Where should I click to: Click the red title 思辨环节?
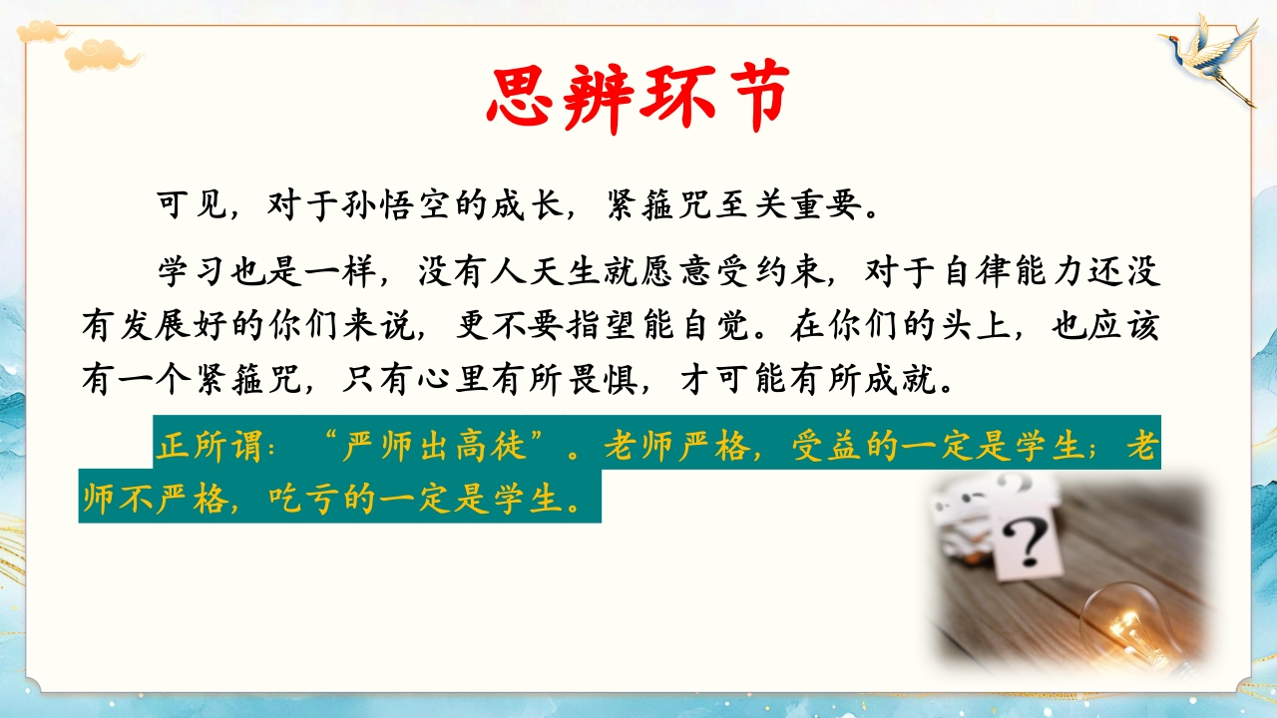click(638, 97)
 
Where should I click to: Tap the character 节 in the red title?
click(753, 97)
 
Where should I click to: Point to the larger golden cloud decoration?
click(103, 55)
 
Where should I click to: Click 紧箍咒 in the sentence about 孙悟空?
click(658, 204)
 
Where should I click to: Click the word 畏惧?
click(603, 380)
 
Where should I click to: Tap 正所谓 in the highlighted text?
click(210, 445)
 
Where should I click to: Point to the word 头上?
click(976, 326)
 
